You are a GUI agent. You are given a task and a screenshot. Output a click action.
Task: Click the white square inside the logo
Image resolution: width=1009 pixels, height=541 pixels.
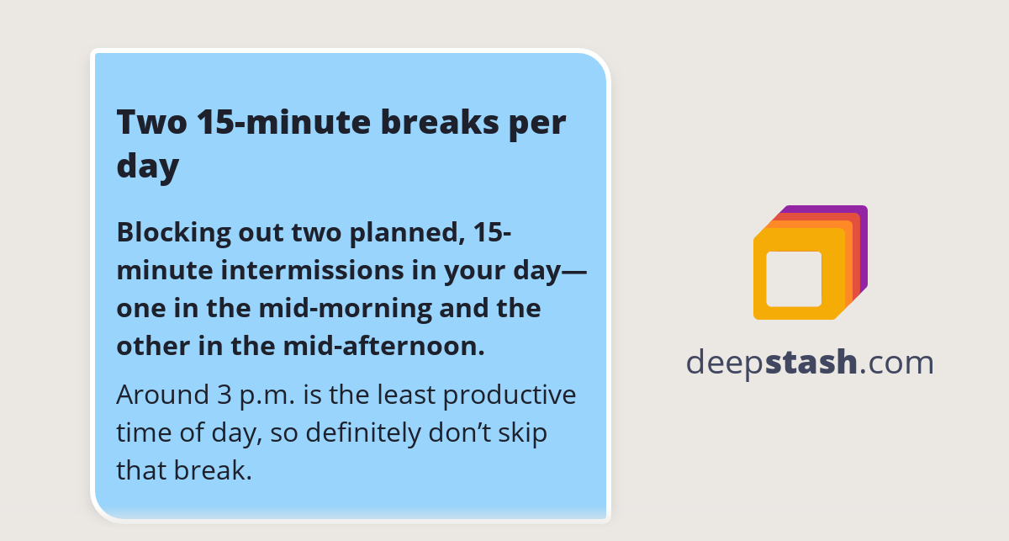click(794, 278)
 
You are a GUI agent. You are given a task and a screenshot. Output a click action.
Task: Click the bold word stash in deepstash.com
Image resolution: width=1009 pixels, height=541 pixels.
click(811, 363)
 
